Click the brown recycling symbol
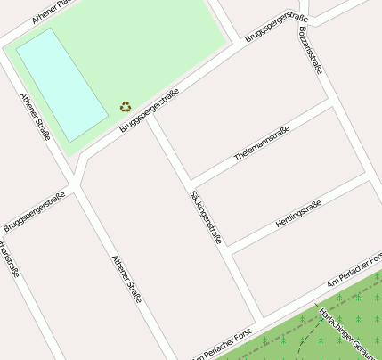tap(126, 107)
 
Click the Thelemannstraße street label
tap(262, 143)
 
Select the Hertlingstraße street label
tap(297, 216)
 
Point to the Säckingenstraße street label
tap(206, 217)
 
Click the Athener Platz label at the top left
tap(49, 11)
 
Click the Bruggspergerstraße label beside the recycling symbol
tap(150, 110)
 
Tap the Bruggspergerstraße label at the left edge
tap(34, 212)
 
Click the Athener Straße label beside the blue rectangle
tap(36, 117)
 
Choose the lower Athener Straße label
tap(126, 280)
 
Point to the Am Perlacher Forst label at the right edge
tap(354, 269)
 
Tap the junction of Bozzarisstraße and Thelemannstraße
tap(332, 103)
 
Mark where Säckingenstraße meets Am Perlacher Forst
tap(260, 316)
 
